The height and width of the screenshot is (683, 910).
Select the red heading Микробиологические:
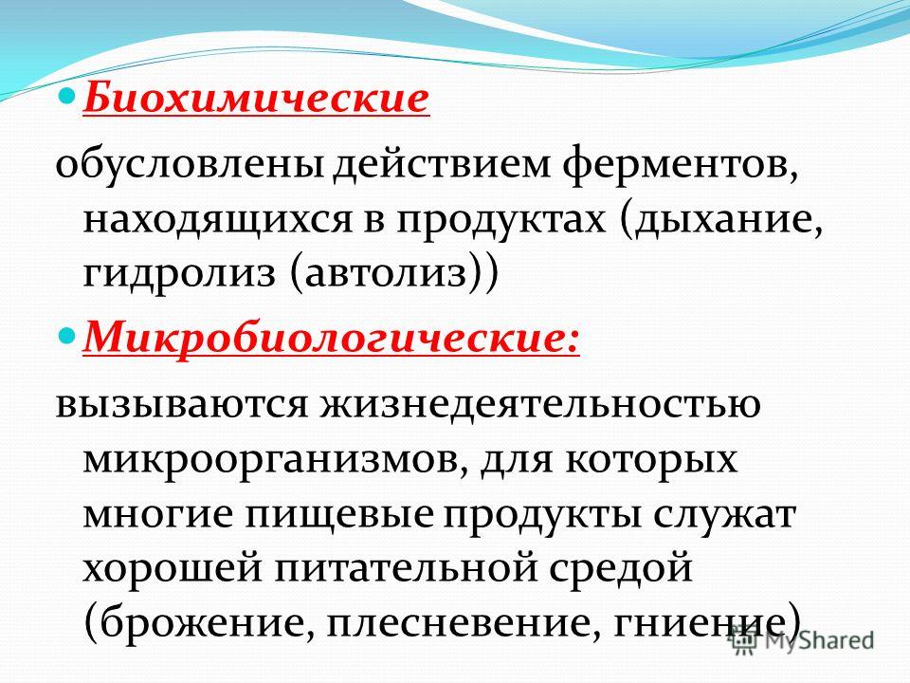tap(332, 338)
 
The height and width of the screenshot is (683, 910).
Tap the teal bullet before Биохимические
tap(68, 94)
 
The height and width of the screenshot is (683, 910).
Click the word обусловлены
tap(190, 165)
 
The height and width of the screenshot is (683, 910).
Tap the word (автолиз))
tap(393, 272)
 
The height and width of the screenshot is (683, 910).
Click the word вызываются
tap(181, 404)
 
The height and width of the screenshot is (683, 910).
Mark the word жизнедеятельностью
tap(538, 404)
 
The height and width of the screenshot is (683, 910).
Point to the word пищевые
tap(339, 515)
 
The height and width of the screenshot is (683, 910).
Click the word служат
tap(723, 513)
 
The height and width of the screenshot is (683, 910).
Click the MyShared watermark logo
tap(802, 640)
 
